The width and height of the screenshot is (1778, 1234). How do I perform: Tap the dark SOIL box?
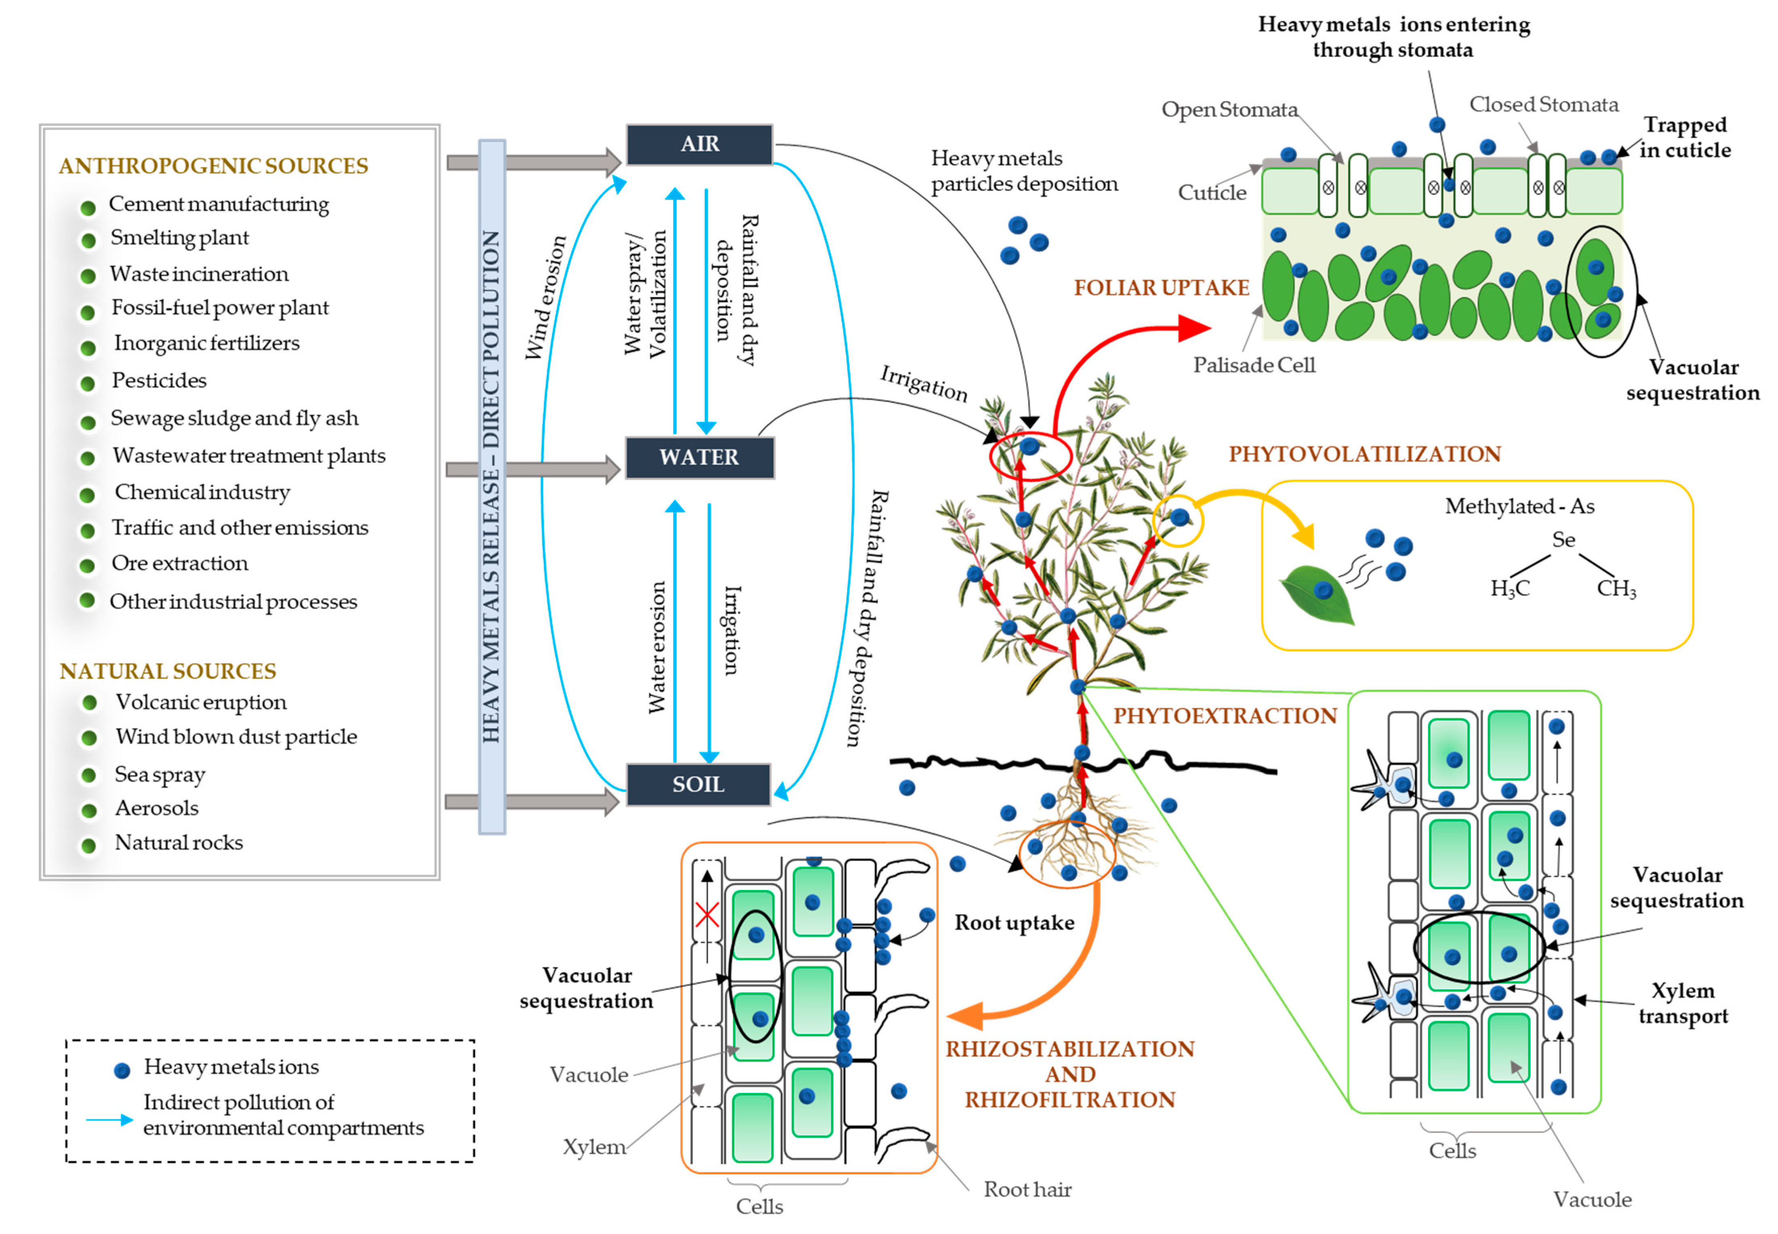coord(698,785)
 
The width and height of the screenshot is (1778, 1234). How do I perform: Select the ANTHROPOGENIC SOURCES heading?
coord(214,166)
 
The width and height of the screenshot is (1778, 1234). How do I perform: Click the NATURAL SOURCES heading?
coord(168,671)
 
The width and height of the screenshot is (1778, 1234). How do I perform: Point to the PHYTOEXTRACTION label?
coord(1224,716)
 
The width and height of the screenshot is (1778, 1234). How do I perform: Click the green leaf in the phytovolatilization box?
coord(1317,593)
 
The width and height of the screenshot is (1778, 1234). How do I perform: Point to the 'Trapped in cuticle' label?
coord(1685,137)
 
